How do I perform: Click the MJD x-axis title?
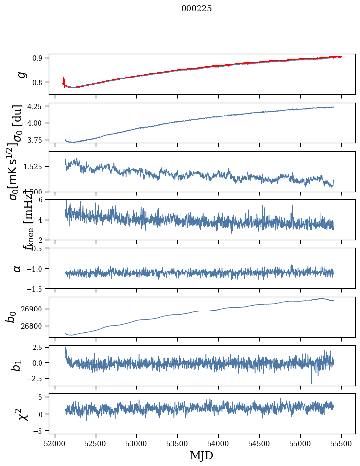point(201,455)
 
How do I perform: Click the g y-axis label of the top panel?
point(20,75)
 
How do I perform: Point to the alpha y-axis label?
point(17,268)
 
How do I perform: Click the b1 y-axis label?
point(17,365)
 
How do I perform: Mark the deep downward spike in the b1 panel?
point(311,382)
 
